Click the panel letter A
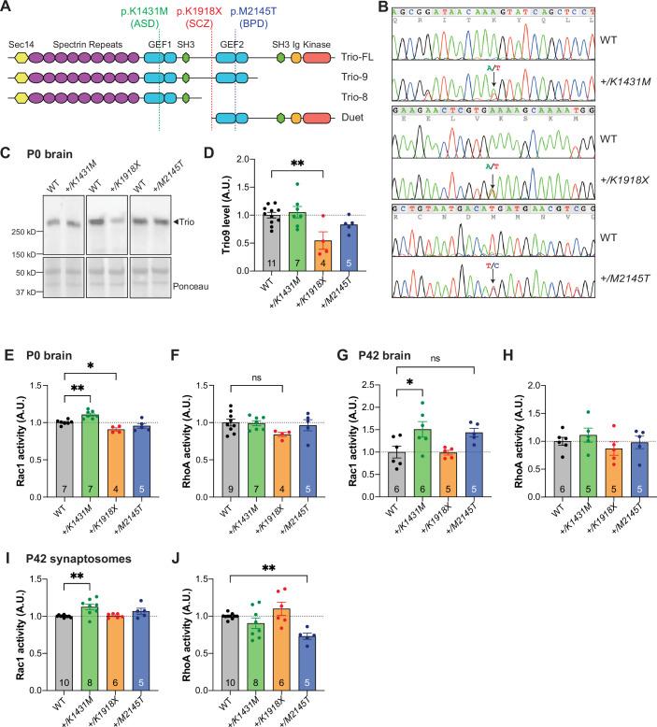coord(7,7)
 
